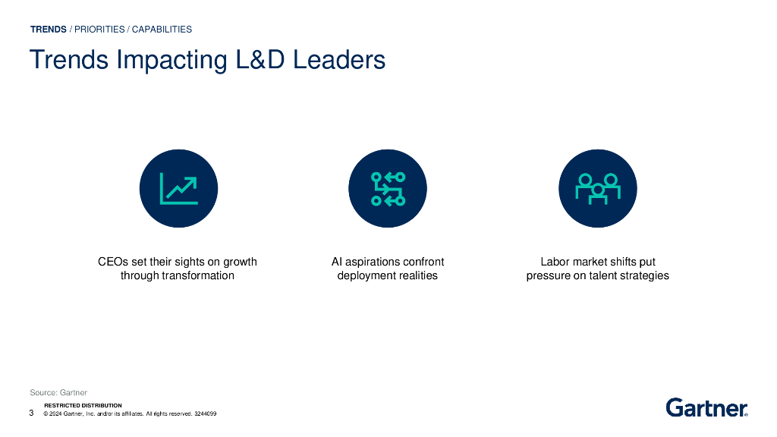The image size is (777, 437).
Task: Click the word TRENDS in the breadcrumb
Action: (x=49, y=30)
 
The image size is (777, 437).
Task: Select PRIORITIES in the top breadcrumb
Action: (x=99, y=30)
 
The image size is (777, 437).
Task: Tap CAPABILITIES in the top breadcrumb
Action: (x=162, y=30)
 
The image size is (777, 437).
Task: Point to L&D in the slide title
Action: (x=262, y=60)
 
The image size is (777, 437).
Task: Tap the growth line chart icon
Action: (x=179, y=188)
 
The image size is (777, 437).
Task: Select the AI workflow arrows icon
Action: (x=387, y=188)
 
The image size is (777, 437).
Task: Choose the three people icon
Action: (x=597, y=188)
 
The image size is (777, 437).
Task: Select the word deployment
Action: (x=366, y=275)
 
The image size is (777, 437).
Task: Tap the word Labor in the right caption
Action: (x=555, y=262)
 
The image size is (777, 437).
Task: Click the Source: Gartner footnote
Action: (x=58, y=392)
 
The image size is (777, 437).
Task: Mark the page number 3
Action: (x=31, y=413)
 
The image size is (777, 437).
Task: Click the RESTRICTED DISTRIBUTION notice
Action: (x=83, y=406)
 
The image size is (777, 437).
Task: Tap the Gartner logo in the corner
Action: (x=706, y=408)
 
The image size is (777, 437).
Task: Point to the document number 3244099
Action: (x=206, y=414)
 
